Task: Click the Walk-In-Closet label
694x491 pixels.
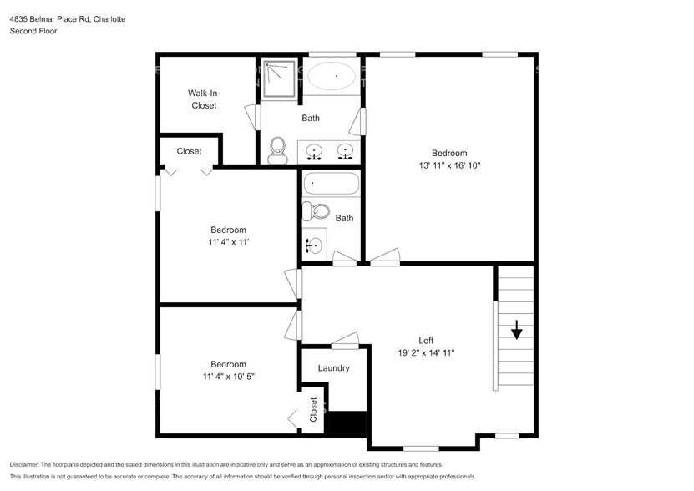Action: pos(202,99)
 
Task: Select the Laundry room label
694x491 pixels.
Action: pos(333,368)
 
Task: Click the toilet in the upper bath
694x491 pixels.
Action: pos(277,150)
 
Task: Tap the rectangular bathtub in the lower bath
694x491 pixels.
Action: pos(332,184)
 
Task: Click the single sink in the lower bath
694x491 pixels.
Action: pos(315,245)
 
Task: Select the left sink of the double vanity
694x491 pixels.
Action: pos(315,152)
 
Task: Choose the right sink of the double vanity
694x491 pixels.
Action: pos(344,152)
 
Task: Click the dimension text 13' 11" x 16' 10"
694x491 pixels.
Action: pos(449,165)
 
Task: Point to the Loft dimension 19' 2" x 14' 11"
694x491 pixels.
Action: pos(426,353)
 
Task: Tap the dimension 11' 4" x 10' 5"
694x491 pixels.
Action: pos(227,377)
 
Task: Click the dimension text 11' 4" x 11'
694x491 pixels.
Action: pos(228,242)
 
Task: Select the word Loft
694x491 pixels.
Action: pos(426,340)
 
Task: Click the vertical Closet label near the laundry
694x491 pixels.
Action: pos(313,409)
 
